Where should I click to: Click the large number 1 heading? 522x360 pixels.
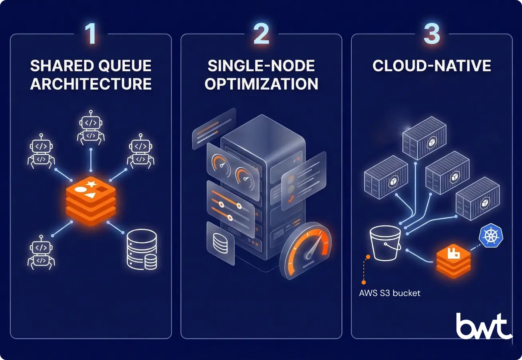[x=91, y=34]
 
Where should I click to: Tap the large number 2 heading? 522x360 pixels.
[x=261, y=34]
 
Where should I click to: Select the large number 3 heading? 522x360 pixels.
[x=432, y=34]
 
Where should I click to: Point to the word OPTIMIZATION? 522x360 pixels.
[x=261, y=84]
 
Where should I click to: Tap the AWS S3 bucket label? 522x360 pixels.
[x=390, y=293]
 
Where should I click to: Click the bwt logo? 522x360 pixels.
[x=484, y=326]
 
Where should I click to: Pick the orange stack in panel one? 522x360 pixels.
[x=91, y=200]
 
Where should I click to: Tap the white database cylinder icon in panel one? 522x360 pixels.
[x=142, y=249]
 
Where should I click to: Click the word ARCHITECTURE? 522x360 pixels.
[x=91, y=84]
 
